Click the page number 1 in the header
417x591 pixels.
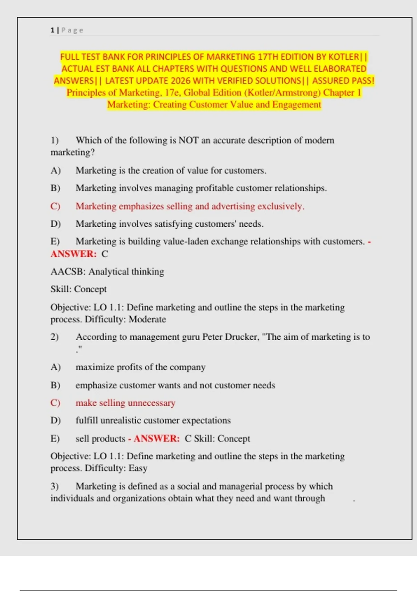pyautogui.click(x=52, y=30)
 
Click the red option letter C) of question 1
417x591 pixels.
pyautogui.click(x=55, y=206)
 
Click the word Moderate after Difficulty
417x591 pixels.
pyautogui.click(x=147, y=319)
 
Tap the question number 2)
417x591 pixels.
pyautogui.click(x=55, y=337)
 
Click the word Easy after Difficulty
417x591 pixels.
pyautogui.click(x=138, y=468)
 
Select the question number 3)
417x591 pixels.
pyautogui.click(x=55, y=486)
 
